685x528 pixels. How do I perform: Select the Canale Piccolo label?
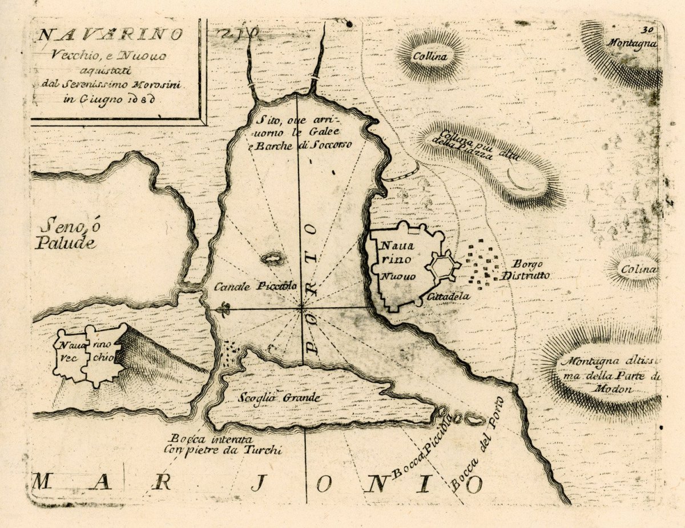click(x=255, y=287)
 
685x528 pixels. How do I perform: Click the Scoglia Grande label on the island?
click(x=279, y=398)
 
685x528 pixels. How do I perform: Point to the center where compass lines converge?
click(x=301, y=308)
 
